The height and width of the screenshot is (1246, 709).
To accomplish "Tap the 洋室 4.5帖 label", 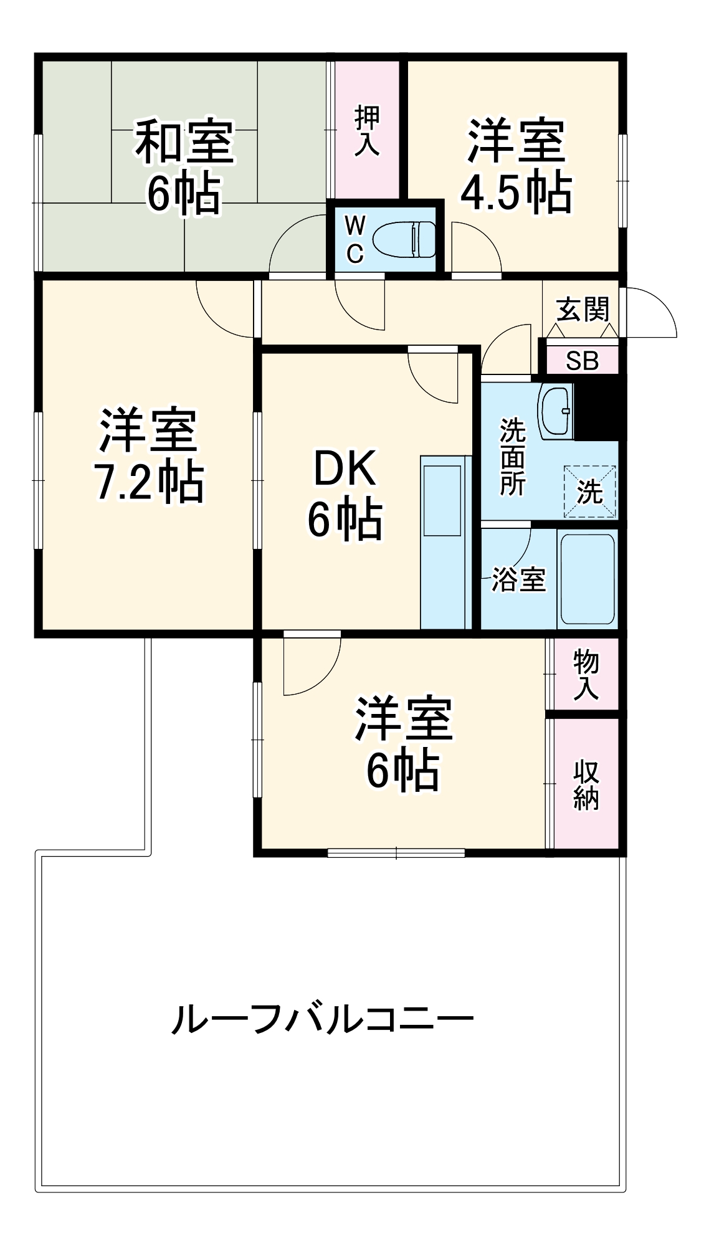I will click(516, 166).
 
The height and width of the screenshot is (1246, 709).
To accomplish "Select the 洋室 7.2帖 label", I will click(148, 455).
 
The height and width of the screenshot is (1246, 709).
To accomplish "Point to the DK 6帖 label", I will click(345, 493).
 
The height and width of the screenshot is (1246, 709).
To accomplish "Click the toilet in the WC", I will click(405, 239).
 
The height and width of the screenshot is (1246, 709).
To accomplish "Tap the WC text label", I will click(354, 239).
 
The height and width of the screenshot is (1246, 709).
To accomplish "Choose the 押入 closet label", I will click(367, 131).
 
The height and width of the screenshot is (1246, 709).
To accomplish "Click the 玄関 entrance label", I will click(583, 310).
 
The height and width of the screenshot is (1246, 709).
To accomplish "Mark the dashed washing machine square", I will click(589, 492).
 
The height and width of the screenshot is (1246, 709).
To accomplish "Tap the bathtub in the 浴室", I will click(588, 579).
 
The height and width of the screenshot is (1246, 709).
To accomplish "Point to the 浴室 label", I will click(518, 579).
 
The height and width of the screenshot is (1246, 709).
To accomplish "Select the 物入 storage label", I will click(586, 674).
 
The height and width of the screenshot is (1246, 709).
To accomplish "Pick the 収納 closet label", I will click(586, 784).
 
